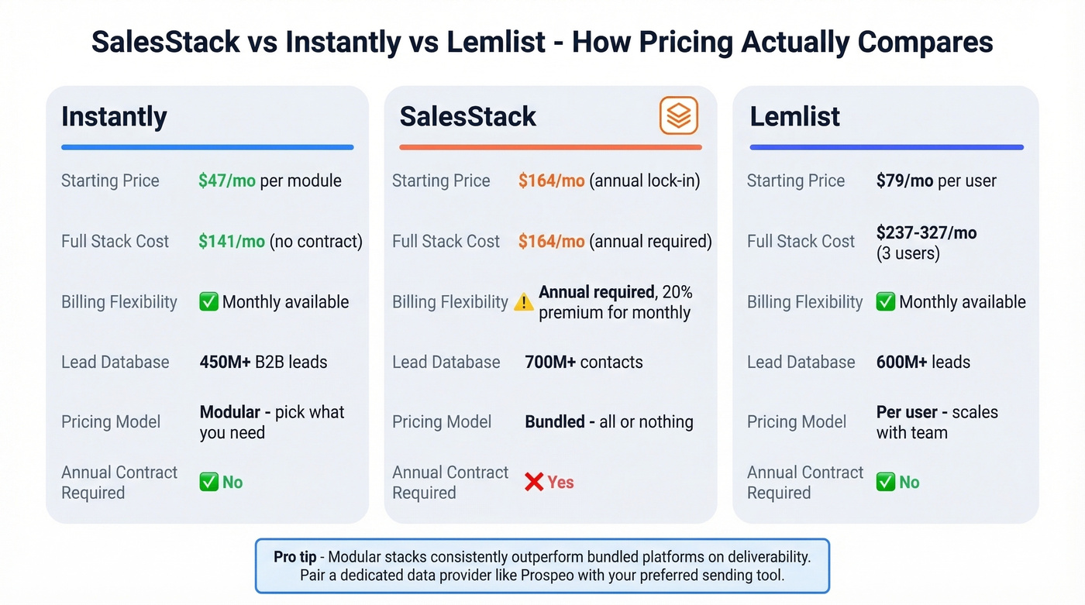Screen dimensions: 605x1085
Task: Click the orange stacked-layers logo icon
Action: pos(679,116)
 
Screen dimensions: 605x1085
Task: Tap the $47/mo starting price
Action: pos(227,181)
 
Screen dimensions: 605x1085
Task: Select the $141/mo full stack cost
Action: pos(231,242)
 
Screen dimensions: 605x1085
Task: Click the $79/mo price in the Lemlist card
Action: pos(904,181)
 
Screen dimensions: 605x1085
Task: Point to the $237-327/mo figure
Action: pos(926,232)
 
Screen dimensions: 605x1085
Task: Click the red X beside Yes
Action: pos(533,483)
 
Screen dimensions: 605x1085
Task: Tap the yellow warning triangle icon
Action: pos(524,303)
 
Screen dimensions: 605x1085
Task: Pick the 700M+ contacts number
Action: pos(549,363)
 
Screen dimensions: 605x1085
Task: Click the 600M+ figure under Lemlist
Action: pos(901,363)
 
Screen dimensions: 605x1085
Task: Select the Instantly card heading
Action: pos(114,117)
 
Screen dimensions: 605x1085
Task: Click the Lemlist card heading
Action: pos(794,117)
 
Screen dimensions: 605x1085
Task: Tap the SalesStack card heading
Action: pos(467,117)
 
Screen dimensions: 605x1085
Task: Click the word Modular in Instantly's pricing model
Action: pos(229,412)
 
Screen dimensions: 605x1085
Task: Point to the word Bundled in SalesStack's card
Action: pos(555,422)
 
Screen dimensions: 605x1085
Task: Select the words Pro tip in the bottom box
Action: pos(294,557)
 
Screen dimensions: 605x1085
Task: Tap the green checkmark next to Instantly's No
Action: pos(208,483)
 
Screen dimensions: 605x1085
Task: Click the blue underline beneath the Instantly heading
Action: pos(207,147)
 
